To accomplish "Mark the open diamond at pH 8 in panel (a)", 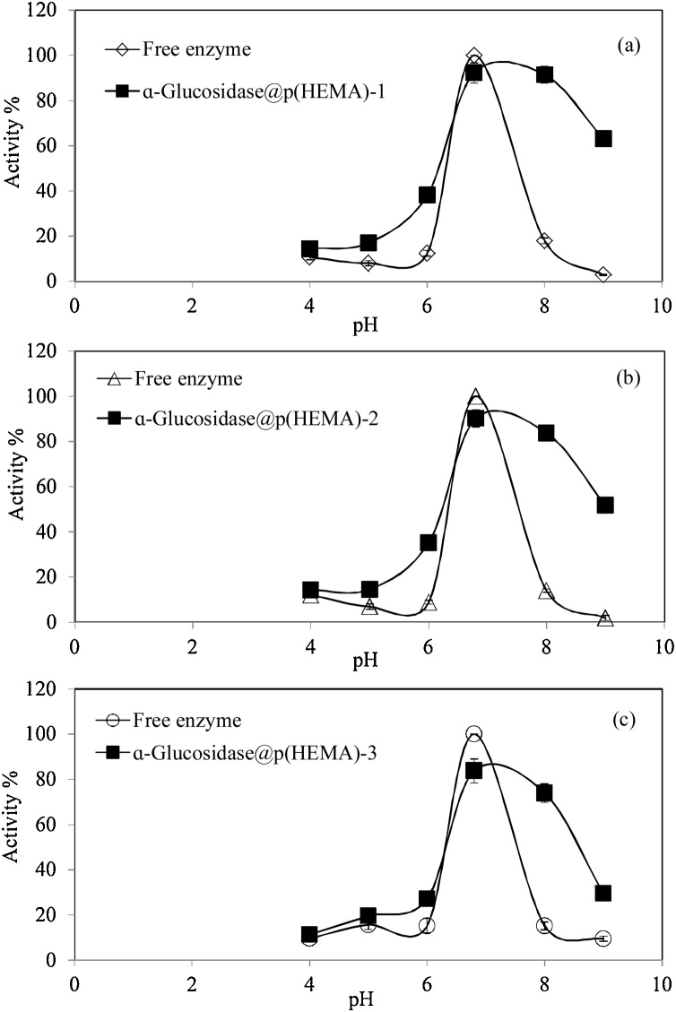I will [x=544, y=240].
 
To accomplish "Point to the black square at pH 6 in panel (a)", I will [x=428, y=195].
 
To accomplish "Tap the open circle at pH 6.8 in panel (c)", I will [x=473, y=734].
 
